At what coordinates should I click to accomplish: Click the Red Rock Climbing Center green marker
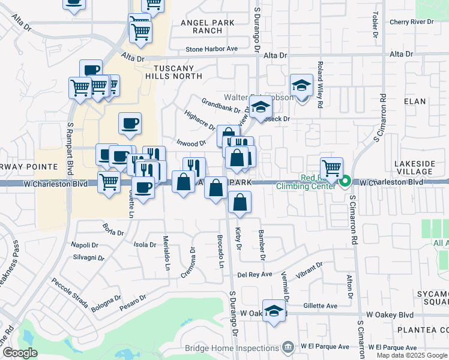coord(345,180)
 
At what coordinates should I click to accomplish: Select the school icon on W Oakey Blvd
coord(274,311)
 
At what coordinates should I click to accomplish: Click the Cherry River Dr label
coord(411,22)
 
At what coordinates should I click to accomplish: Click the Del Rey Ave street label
coord(255,275)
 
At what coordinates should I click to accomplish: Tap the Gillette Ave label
coord(320,306)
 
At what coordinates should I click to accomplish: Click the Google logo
coord(19,353)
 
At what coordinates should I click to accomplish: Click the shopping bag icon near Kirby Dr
coord(240,203)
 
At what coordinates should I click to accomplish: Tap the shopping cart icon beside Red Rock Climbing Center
coord(331,167)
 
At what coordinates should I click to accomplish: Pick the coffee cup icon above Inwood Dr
coord(130,124)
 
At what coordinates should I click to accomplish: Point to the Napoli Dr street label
coord(85,245)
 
